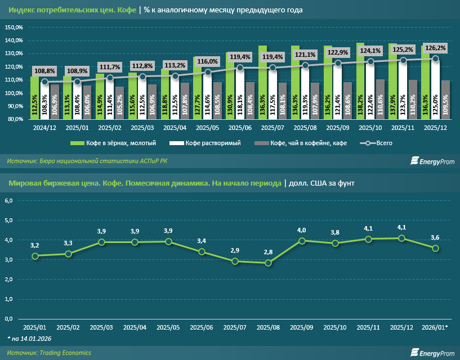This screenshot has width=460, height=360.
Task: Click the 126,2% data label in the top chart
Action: (x=435, y=48)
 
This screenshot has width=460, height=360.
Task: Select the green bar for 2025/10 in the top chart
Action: (x=360, y=82)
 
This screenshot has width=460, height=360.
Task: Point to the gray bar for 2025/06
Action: (x=250, y=101)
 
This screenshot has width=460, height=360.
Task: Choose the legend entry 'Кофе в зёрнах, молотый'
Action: (x=110, y=143)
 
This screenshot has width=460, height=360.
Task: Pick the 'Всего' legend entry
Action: (x=377, y=143)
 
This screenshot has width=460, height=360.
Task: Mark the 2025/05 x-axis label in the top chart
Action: (x=208, y=128)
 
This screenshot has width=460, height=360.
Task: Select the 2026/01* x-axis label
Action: (x=435, y=327)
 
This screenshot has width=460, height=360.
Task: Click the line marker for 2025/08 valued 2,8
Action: (x=268, y=263)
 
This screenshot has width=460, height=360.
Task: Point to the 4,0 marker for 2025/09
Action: (x=302, y=241)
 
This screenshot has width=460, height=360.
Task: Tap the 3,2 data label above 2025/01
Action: (x=35, y=245)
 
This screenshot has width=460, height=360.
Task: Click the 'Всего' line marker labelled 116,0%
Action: (x=208, y=72)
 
